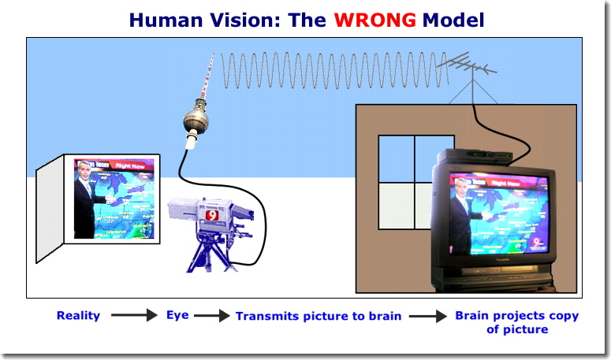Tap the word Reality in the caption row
pos(78,316)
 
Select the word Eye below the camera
pos(178,316)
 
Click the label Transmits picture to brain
pos(319,316)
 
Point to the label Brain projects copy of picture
pos(516,322)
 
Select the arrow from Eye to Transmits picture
pos(211,317)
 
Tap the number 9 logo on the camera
pos(212,214)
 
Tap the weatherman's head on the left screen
pos(85,169)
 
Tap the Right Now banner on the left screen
pos(130,165)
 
